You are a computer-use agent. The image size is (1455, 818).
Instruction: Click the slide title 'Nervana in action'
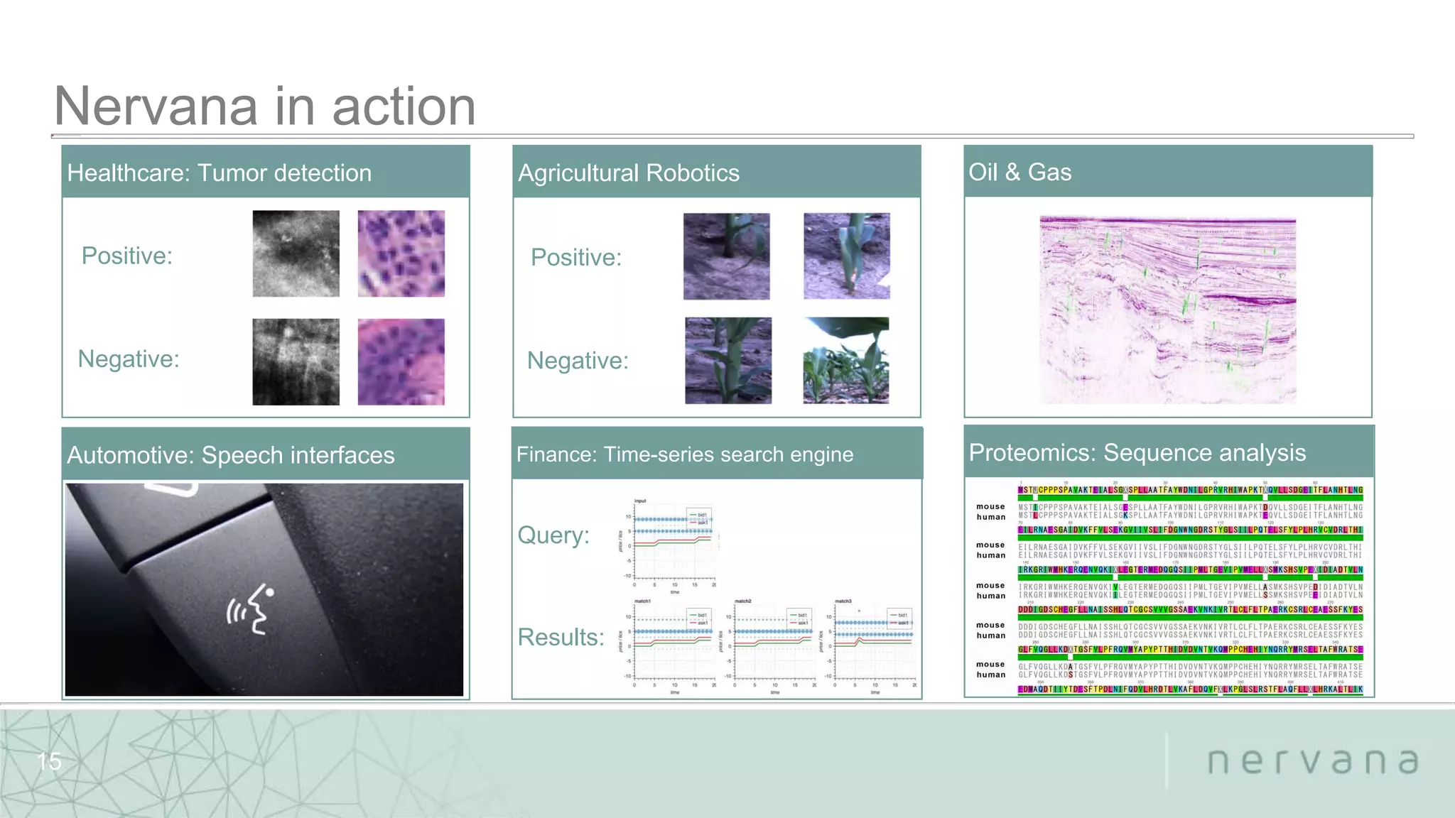pyautogui.click(x=264, y=107)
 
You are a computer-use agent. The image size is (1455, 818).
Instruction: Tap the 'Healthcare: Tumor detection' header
pyautogui.click(x=219, y=173)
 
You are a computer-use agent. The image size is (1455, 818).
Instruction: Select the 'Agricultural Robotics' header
pyautogui.click(x=628, y=173)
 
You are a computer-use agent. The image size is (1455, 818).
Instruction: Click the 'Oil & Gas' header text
pyautogui.click(x=1019, y=172)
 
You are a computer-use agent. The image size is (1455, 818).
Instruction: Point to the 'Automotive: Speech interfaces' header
pyautogui.click(x=230, y=454)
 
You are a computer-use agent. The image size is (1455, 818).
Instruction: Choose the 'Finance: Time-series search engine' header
pyautogui.click(x=684, y=454)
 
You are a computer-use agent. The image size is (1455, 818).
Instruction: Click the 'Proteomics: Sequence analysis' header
pyautogui.click(x=1137, y=452)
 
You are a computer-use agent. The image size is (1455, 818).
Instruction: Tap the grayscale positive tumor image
pyautogui.click(x=296, y=253)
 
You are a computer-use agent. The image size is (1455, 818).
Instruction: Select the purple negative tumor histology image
pyautogui.click(x=401, y=361)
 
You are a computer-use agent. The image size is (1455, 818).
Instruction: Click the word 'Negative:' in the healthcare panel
pyautogui.click(x=129, y=359)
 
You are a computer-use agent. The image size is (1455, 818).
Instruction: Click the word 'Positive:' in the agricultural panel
pyautogui.click(x=576, y=257)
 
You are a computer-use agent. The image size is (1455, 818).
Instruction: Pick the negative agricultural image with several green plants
pyautogui.click(x=845, y=361)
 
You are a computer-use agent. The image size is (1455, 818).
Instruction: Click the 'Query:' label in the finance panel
pyautogui.click(x=553, y=535)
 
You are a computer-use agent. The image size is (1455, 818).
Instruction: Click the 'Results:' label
pyautogui.click(x=561, y=637)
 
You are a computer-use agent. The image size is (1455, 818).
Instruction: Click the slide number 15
pyautogui.click(x=49, y=761)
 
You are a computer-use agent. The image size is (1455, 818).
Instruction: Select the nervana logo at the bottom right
pyautogui.click(x=1313, y=761)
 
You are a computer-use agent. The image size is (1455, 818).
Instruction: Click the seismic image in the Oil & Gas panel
pyautogui.click(x=1167, y=310)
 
